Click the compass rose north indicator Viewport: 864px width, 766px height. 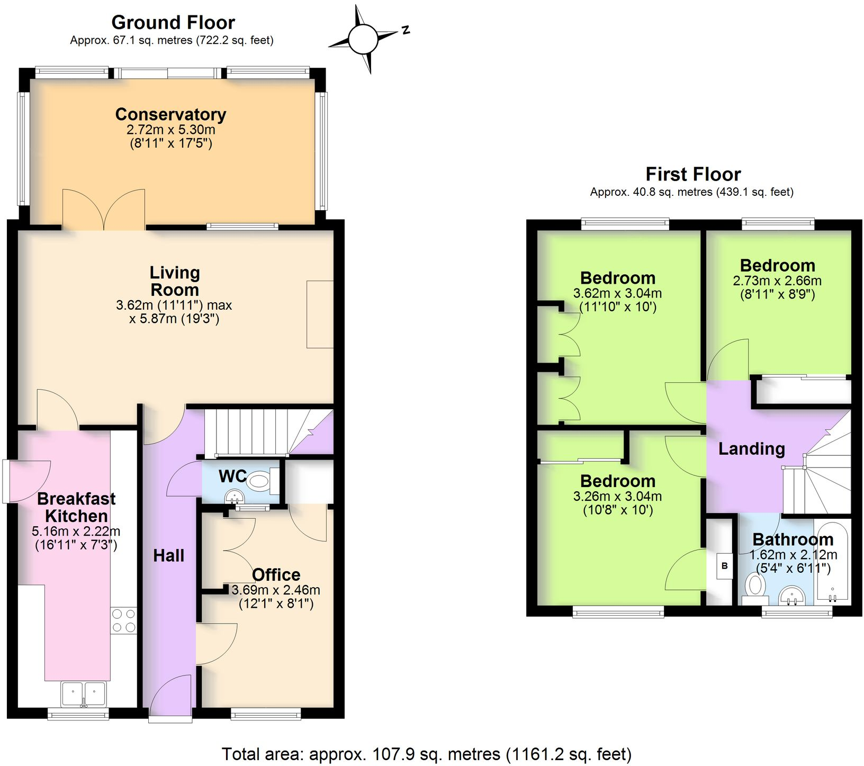coord(405,30)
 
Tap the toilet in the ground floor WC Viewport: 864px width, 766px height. coord(259,481)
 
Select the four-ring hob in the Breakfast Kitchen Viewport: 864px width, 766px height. coord(123,620)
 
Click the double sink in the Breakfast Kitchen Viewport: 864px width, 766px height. coord(84,694)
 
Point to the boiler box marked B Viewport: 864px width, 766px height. coord(724,566)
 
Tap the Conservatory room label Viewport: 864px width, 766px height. coord(170,114)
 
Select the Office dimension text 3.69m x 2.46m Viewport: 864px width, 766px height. coord(276,590)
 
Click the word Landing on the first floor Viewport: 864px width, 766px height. coord(751,449)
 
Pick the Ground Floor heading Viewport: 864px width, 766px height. coord(173,23)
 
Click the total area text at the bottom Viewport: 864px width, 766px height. coord(426,754)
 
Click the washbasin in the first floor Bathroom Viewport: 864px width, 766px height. coord(792,596)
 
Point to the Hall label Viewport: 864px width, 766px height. coord(168,555)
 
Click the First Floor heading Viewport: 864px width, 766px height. coord(692,174)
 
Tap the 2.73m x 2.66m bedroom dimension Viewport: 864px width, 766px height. coord(777,281)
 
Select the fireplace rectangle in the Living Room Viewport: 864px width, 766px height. coord(320,314)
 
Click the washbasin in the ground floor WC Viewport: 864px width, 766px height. coord(235,497)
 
